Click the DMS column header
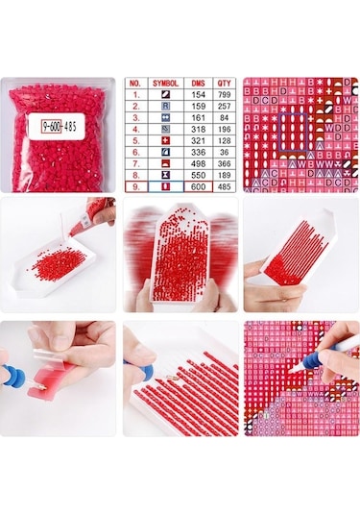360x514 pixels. pos(199,84)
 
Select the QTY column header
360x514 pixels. pos(224,84)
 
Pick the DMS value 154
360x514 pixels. pos(199,97)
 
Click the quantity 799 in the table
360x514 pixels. pos(224,97)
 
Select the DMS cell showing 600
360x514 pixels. pos(199,185)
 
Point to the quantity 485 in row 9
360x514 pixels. pos(224,185)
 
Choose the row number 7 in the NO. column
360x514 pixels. pos(136,163)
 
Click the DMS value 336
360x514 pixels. pos(199,152)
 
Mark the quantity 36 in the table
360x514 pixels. pos(224,152)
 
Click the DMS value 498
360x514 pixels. pos(199,163)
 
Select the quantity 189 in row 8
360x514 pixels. pos(224,174)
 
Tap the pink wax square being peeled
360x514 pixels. pos(51,386)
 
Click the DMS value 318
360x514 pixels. pos(199,130)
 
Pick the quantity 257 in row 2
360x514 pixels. pos(224,109)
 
